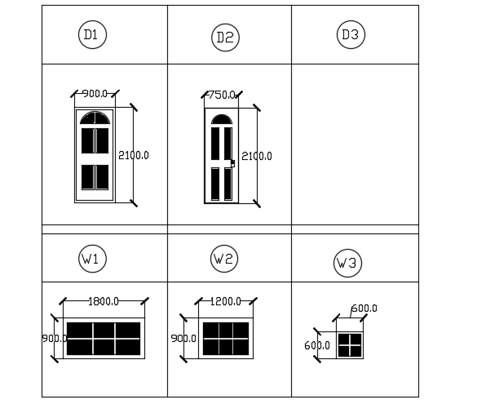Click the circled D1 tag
tap(92, 35)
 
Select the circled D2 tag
tap(225, 38)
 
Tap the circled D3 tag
tap(351, 35)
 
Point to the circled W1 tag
tap(92, 259)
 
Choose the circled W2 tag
tap(224, 259)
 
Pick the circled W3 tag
tap(347, 263)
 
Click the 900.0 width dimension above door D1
tap(95, 94)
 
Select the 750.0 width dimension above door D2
tap(221, 95)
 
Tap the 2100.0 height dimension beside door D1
tap(134, 155)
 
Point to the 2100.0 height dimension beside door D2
tap(257, 156)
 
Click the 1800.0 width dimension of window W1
tap(104, 301)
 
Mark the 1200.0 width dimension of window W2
tap(225, 301)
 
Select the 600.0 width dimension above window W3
tap(364, 309)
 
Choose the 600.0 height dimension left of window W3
tap(317, 345)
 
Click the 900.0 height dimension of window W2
tap(183, 339)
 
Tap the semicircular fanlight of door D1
tap(95, 118)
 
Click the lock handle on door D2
tap(232, 163)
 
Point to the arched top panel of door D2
tap(222, 119)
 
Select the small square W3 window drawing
tap(350, 345)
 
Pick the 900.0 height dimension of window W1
tap(55, 339)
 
